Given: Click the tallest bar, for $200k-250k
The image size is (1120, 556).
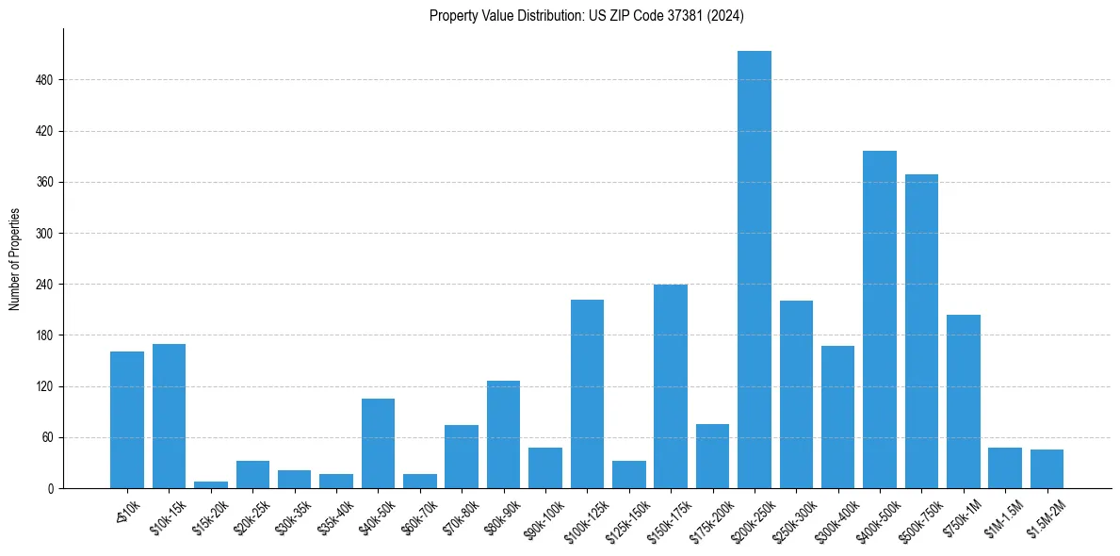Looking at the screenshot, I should (754, 270).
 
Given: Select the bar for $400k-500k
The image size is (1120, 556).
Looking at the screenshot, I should (879, 319).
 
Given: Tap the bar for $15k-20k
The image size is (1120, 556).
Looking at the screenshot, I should (211, 484).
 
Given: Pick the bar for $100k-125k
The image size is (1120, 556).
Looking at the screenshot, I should (587, 394).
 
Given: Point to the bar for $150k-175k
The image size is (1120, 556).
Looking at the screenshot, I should (671, 386).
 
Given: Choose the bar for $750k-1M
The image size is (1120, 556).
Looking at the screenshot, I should (963, 401).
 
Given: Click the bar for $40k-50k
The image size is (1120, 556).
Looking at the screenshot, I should (378, 443).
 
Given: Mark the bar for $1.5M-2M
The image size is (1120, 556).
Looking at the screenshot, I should (1047, 468).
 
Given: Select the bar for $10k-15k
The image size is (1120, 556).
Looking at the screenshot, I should (169, 416).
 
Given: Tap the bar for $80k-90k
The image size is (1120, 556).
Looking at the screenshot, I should (503, 434).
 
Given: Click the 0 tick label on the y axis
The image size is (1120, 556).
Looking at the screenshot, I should (51, 488).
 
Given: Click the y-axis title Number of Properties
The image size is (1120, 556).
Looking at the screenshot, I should (15, 259).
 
